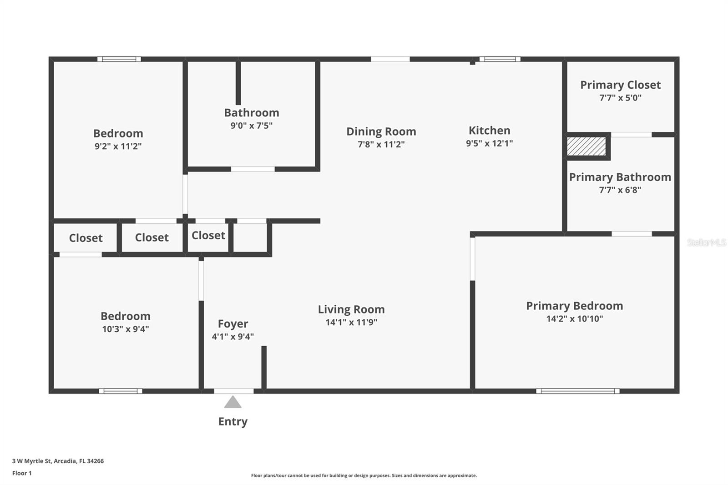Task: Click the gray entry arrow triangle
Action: click(x=233, y=402)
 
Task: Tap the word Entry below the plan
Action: click(x=233, y=421)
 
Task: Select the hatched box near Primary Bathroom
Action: click(x=586, y=147)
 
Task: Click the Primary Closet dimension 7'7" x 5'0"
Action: click(x=620, y=98)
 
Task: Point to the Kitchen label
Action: click(x=489, y=131)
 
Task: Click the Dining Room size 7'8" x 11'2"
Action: click(x=381, y=144)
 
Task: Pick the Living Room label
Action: click(x=351, y=309)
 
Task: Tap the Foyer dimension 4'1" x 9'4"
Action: click(x=233, y=337)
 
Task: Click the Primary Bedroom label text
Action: click(x=574, y=306)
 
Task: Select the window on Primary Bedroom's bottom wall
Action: click(x=577, y=391)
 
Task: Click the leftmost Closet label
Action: click(x=86, y=238)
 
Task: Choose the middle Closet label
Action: click(x=152, y=237)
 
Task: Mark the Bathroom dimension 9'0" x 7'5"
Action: click(x=251, y=126)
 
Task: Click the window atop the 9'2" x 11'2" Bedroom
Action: click(x=119, y=59)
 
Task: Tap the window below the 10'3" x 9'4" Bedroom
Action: click(x=121, y=391)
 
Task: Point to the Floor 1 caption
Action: click(x=22, y=473)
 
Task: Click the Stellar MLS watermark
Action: click(x=706, y=242)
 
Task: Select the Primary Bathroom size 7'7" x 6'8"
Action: click(x=620, y=190)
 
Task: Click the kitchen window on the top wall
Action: click(x=500, y=59)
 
